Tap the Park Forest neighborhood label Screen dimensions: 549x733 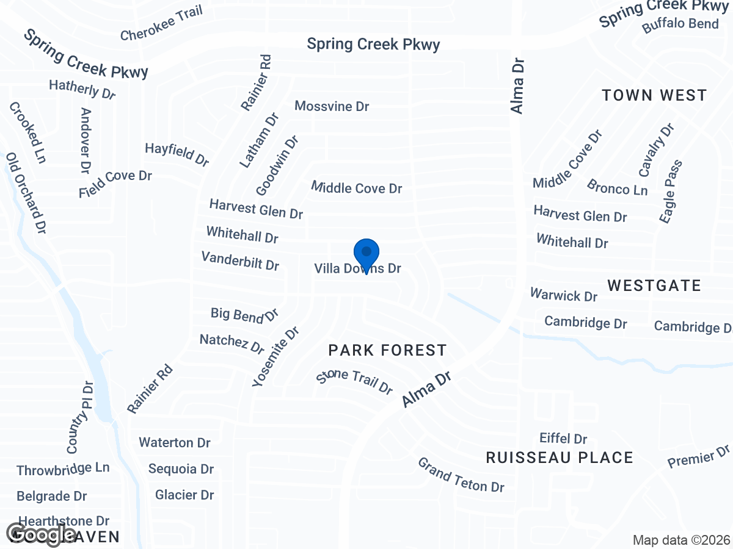[x=387, y=350]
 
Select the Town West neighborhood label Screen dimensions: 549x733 [x=654, y=95]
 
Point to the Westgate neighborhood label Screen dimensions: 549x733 [x=654, y=285]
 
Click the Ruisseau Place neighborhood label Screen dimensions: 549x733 [x=560, y=457]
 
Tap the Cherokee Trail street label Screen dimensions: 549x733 [x=161, y=23]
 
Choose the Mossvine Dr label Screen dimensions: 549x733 [x=332, y=106]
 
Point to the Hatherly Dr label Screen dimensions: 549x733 [x=82, y=89]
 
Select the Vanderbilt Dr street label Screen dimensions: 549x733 [x=240, y=261]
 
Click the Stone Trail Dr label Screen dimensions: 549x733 [x=354, y=381]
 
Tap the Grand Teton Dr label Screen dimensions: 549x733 [x=461, y=475]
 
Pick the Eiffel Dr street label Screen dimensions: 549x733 [x=563, y=439]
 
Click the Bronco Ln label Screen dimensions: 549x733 [x=617, y=187]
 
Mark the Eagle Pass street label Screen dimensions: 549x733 [x=671, y=191]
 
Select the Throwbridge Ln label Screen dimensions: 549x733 [x=63, y=469]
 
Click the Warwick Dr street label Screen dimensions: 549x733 [x=563, y=296]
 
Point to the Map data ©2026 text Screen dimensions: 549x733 [x=681, y=540]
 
